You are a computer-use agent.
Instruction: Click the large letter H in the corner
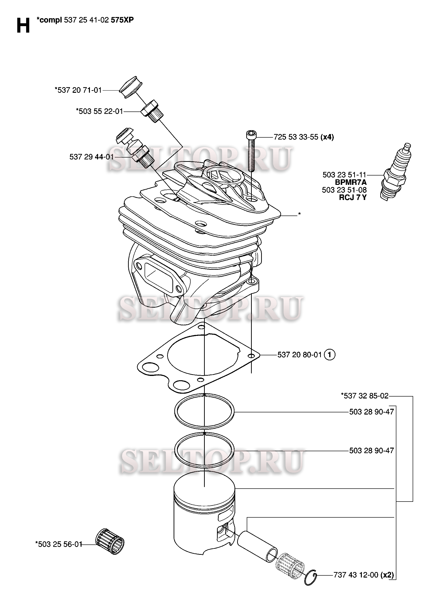(x=23, y=25)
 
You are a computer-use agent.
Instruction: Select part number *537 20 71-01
(x=78, y=90)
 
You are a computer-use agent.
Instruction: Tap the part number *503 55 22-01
(x=100, y=111)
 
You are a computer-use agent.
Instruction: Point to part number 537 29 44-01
(x=92, y=157)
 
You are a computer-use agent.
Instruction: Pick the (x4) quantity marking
(x=327, y=137)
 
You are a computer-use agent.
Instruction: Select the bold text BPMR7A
(x=351, y=182)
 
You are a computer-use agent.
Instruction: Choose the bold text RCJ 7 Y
(x=353, y=198)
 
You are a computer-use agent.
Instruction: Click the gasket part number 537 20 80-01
(x=299, y=355)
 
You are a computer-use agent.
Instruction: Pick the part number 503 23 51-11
(x=344, y=175)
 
